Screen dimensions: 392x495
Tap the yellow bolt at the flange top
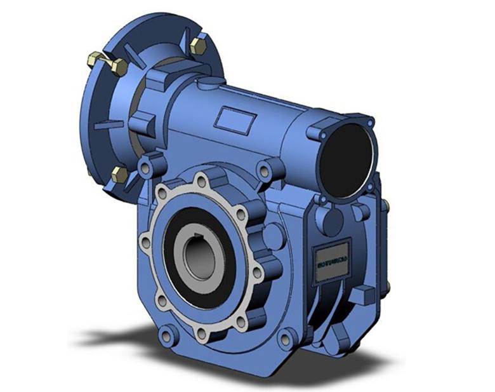pyautogui.click(x=197, y=45)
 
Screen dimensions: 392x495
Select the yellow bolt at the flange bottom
pyautogui.click(x=119, y=175)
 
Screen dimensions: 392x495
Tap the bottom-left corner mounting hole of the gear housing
pyautogui.click(x=166, y=333)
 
